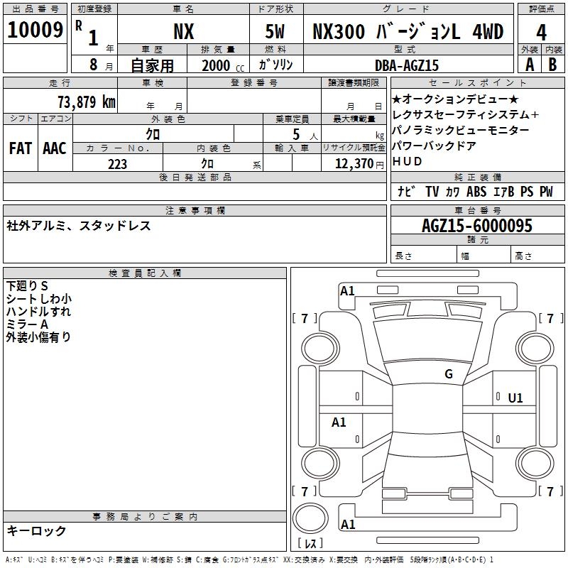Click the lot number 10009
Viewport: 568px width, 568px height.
pos(35,30)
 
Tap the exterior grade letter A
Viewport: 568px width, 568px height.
pos(530,65)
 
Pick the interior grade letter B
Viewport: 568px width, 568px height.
pos(552,65)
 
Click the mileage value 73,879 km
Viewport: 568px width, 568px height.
pos(87,102)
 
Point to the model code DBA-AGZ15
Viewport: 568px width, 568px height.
pos(406,65)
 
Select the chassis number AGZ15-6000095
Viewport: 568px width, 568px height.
pos(477,226)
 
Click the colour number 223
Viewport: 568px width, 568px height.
pos(117,164)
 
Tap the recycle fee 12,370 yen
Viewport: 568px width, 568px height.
pos(359,164)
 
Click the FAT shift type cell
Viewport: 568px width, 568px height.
pos(21,148)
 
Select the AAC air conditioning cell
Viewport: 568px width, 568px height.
pos(55,148)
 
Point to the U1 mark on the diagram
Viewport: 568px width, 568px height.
pos(515,398)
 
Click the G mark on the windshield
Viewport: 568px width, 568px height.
pos(449,374)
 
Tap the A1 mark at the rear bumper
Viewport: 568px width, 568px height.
pos(348,524)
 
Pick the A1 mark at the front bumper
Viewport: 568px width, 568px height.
pos(347,291)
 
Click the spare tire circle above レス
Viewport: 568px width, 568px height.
pos(310,518)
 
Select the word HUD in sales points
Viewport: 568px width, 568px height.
pos(407,161)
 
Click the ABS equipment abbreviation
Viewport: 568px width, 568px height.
pos(476,192)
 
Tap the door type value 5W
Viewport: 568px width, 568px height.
pos(275,31)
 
